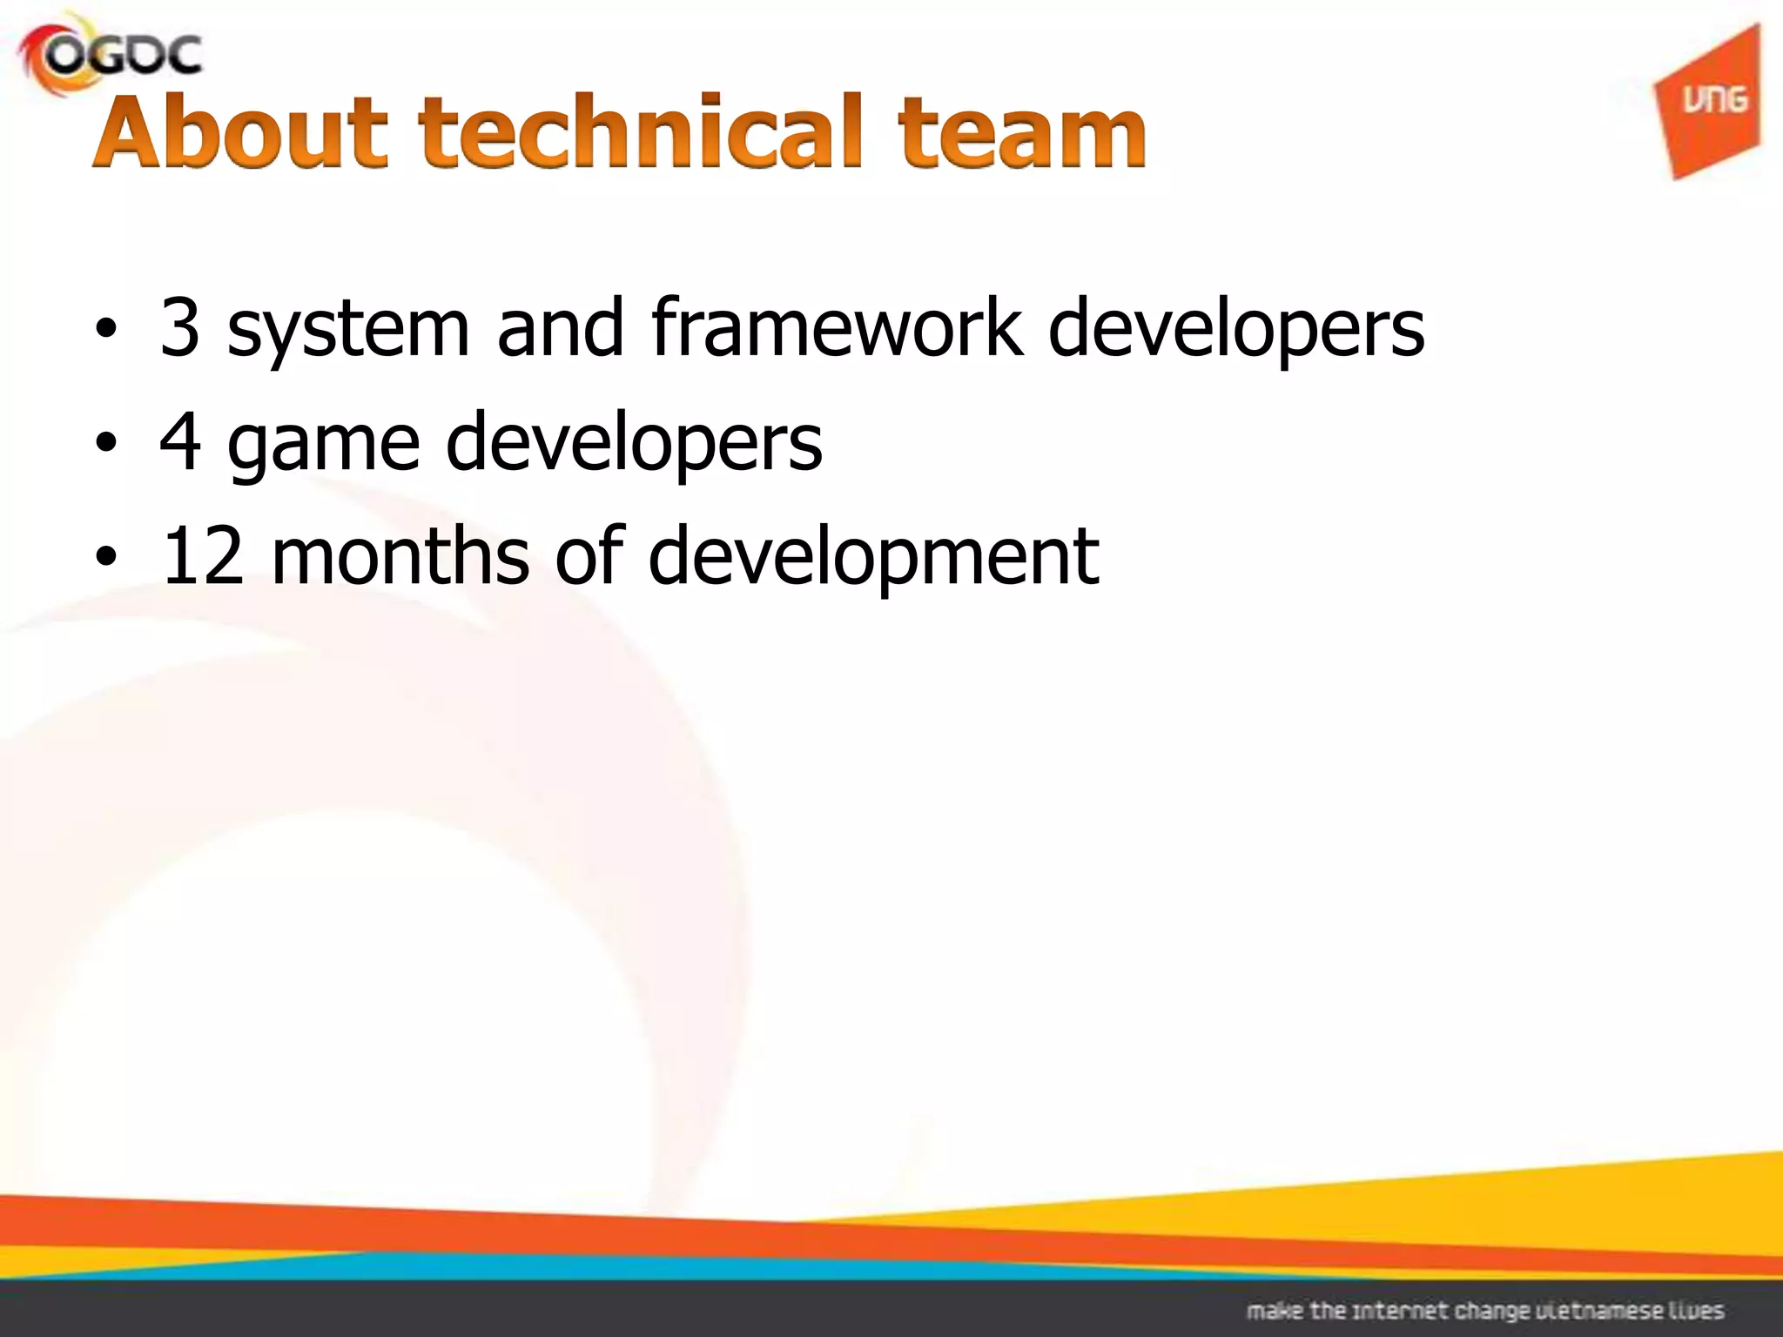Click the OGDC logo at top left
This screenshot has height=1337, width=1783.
coord(111,57)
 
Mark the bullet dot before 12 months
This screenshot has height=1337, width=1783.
coord(105,559)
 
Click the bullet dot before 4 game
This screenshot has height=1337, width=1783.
coord(105,445)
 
